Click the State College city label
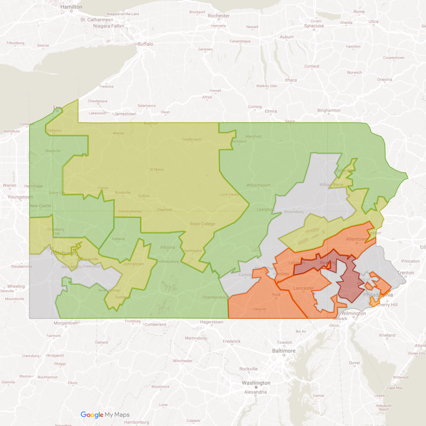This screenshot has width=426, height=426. coord(202,224)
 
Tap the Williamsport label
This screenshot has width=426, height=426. coord(258,185)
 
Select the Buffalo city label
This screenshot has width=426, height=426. coord(145,44)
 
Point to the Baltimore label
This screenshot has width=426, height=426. coord(284,351)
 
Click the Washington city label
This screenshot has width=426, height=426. coord(256,383)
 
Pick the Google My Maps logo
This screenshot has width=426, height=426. coord(105,415)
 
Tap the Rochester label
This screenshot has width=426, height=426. coord(219,16)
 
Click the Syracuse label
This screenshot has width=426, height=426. coord(314,26)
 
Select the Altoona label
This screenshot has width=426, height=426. coord(168,247)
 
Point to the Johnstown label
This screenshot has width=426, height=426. coord(133,264)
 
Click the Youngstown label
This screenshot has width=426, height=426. coord(20,197)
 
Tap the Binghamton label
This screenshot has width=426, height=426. coord(329,110)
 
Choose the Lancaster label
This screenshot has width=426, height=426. coord(304,288)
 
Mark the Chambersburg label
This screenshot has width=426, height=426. coord(215,297)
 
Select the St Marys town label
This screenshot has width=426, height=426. coord(157,170)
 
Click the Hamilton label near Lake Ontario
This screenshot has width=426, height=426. coord(71,7)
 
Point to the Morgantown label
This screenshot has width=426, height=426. coord(66,323)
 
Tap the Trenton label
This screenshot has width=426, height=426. coord(405,273)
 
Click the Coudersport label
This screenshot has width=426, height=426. coord(192,140)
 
